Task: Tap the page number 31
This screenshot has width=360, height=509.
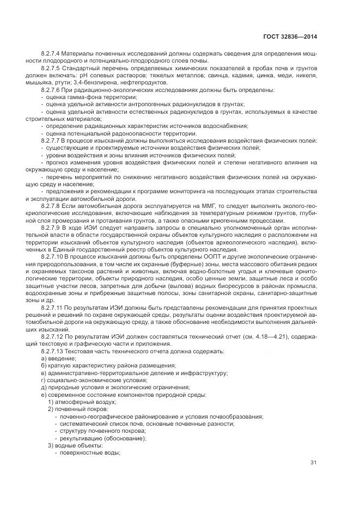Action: click(313, 463)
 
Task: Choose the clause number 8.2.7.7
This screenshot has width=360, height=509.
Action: click(50, 140)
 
